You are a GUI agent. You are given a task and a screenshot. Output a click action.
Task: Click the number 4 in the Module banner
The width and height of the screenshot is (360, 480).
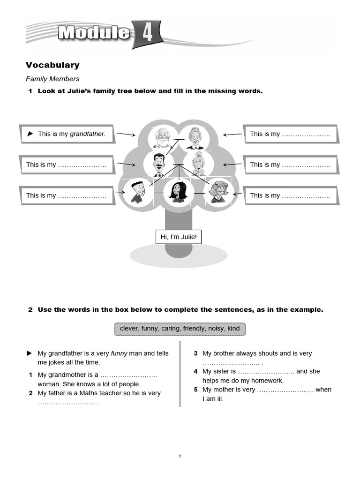point(147,34)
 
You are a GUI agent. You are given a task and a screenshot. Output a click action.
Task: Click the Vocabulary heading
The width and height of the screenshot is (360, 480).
point(52,65)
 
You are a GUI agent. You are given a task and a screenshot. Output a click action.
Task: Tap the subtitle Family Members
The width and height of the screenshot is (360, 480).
point(52,79)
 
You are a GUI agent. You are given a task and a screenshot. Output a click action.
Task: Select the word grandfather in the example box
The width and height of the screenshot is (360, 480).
point(87,134)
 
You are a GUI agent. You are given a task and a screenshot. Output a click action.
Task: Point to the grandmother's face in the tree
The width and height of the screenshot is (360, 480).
point(193,137)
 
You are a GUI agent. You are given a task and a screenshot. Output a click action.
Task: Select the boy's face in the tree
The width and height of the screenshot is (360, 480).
point(136,191)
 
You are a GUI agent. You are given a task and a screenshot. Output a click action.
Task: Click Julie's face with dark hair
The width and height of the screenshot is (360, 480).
point(177,191)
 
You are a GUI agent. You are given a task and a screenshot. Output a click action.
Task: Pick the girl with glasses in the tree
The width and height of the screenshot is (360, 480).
point(217,191)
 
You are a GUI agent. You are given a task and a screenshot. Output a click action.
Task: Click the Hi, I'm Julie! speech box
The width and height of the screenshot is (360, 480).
point(179,237)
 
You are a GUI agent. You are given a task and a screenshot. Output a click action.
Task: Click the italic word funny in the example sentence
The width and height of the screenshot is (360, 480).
point(119,353)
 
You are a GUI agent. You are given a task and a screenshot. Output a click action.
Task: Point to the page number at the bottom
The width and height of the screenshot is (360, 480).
point(180,456)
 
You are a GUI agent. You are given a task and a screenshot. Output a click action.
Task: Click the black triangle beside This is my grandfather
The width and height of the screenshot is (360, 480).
point(30,134)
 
